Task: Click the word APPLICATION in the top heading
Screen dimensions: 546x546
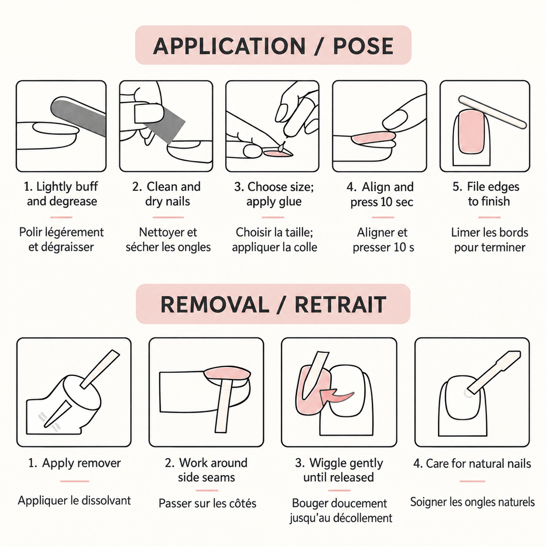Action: [229, 46]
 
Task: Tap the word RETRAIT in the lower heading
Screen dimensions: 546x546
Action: [341, 304]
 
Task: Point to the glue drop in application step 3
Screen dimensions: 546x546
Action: [282, 147]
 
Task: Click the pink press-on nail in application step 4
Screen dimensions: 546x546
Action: [373, 137]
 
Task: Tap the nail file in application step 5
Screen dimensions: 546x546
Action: [492, 111]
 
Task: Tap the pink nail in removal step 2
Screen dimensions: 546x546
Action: [227, 373]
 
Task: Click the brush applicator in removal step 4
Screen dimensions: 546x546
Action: [493, 373]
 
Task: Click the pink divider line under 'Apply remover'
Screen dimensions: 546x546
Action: [75, 481]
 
